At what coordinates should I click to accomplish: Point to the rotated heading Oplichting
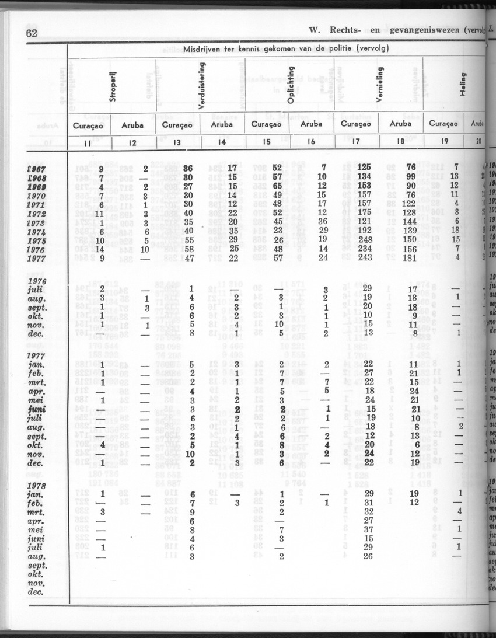coord(290,88)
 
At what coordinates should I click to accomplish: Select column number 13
coord(177,142)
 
